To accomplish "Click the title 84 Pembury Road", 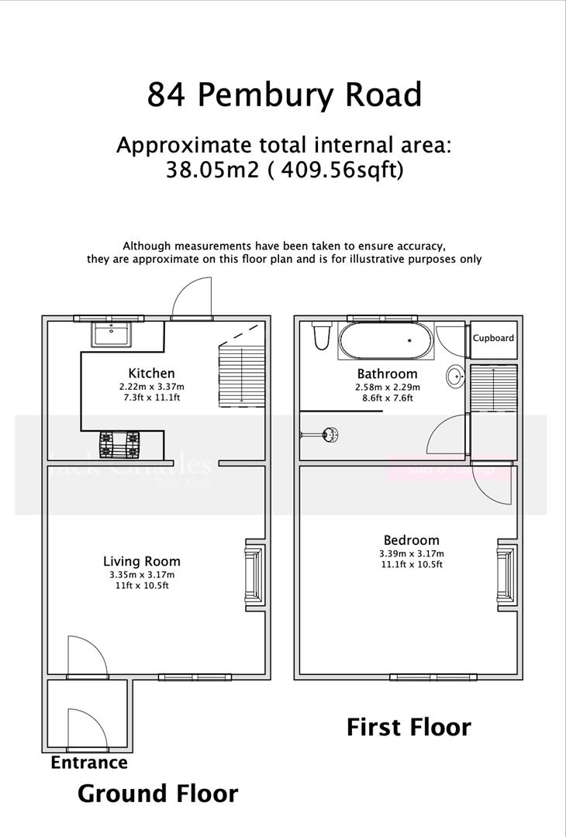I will (284, 95).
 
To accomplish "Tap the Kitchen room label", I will (151, 373).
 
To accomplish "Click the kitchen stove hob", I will (123, 443).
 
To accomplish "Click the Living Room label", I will (142, 561).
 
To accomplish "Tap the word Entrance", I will (89, 763).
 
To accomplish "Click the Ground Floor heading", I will (157, 794).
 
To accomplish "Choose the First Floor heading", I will (408, 727).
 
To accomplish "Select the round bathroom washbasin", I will (455, 377).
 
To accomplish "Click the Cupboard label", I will (493, 338).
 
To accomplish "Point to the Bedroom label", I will (411, 540).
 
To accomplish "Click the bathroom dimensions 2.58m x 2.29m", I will (387, 386).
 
